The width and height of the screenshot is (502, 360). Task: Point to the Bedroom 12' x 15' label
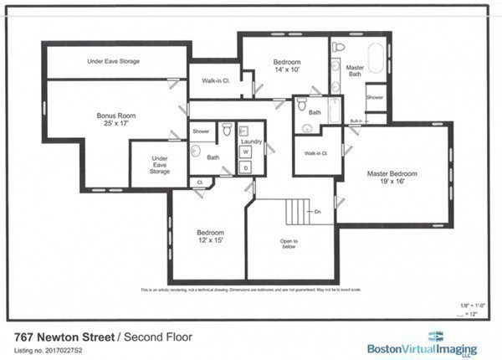(x=210, y=236)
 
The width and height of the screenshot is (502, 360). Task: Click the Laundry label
(x=251, y=142)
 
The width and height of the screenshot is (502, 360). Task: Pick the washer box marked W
(x=247, y=152)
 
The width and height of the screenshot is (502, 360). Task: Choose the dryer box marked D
(x=247, y=167)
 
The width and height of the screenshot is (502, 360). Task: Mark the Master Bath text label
(x=354, y=72)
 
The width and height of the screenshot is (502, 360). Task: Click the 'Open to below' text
(x=289, y=244)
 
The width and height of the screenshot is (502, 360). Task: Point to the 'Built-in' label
(x=356, y=121)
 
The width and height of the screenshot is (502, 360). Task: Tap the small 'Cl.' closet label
(x=200, y=182)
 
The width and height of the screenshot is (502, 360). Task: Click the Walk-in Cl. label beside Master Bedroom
(x=315, y=153)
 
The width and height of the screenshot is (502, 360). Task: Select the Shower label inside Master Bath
(x=376, y=97)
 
